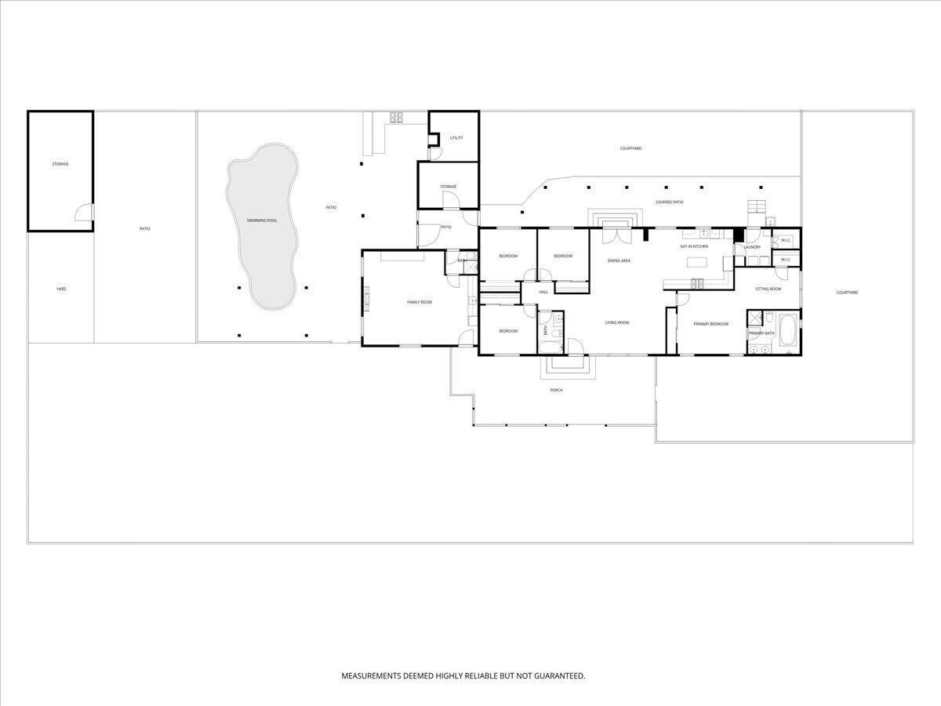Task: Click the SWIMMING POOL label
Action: [262, 220]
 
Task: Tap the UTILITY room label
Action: [456, 138]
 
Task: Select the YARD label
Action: [61, 289]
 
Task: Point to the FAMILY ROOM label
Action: [419, 302]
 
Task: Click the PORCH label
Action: [556, 390]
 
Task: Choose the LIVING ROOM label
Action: [617, 322]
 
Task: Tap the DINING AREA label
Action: [619, 260]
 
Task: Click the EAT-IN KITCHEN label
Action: [694, 246]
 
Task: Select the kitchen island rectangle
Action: [696, 262]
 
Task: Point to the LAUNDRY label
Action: [752, 247]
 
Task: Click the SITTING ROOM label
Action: [768, 289]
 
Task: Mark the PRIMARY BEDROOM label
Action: [710, 324]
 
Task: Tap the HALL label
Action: [543, 292]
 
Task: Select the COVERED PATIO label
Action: [670, 202]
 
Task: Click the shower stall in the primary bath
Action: [755, 318]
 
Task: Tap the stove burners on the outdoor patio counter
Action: [396, 118]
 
